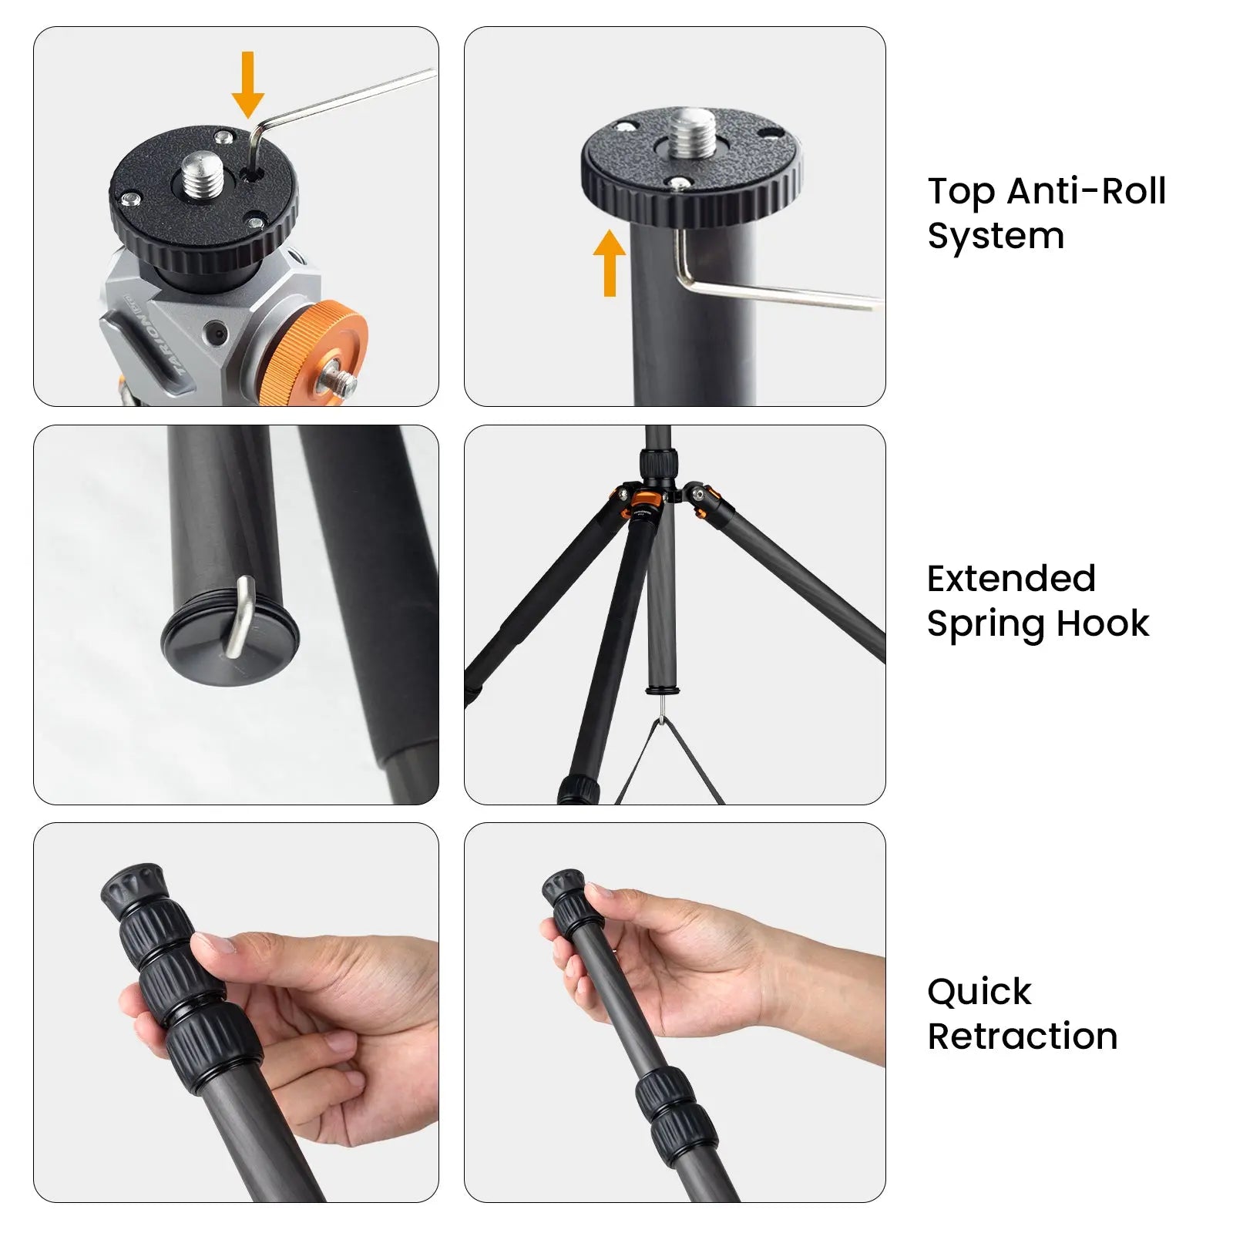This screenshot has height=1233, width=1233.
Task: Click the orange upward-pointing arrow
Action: tap(610, 263)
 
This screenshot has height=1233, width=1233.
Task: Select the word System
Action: tap(996, 236)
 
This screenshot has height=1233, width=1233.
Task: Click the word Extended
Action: tap(1011, 579)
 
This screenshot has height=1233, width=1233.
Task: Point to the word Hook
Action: tap(1103, 623)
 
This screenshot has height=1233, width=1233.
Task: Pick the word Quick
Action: tap(979, 992)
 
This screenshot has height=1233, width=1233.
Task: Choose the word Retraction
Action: tap(1023, 1036)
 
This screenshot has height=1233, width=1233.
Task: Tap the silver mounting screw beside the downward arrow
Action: tap(200, 173)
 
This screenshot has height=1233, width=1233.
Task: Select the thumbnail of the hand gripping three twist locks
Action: tap(236, 1012)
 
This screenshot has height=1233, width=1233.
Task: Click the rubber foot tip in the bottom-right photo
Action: tap(563, 887)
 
